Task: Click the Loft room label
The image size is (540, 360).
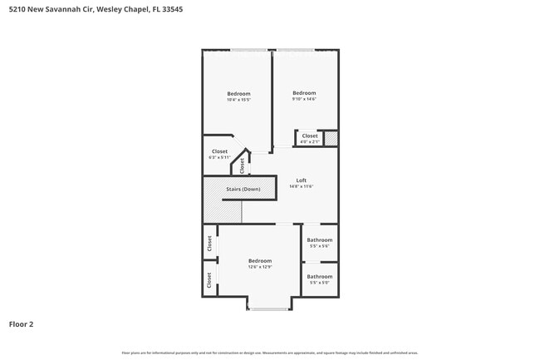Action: point(301,180)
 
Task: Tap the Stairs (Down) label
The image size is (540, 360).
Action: point(243,189)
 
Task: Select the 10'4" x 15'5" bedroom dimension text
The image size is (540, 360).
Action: point(238,101)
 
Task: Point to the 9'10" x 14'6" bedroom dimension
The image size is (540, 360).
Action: point(304,100)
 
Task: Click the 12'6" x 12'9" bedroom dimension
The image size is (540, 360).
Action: point(259,268)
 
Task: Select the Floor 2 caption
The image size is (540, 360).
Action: point(21,324)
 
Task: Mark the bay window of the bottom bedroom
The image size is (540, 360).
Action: point(269,308)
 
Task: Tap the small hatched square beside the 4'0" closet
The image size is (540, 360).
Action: point(331,138)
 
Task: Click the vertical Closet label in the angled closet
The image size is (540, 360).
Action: point(243,165)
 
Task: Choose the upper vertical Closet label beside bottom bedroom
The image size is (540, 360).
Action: point(209,243)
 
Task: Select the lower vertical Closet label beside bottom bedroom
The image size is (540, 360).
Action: point(209,279)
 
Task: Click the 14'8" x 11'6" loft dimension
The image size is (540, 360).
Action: point(301,187)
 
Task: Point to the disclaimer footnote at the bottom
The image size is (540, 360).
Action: point(269,353)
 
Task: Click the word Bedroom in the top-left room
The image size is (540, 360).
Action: point(238,94)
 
